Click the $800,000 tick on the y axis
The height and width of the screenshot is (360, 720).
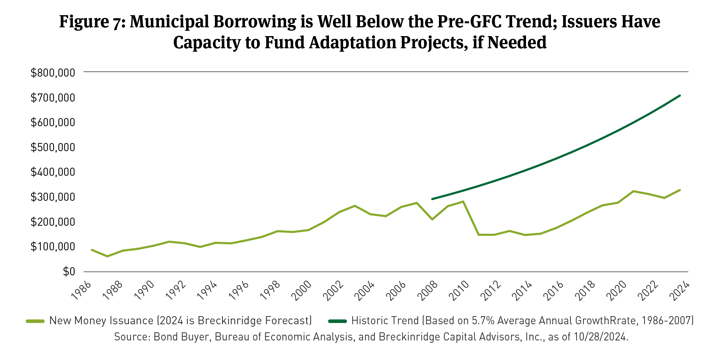tap(53, 73)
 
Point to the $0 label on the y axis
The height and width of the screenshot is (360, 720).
tap(69, 272)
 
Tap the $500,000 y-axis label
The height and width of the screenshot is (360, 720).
tap(53, 147)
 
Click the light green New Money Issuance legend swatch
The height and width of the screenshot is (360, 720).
tap(35, 321)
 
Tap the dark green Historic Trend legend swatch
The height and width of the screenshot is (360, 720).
tap(337, 321)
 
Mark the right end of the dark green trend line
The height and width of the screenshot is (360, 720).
tap(680, 96)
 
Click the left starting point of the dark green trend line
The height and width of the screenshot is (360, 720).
tap(432, 199)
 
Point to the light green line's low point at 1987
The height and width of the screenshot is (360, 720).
tap(107, 256)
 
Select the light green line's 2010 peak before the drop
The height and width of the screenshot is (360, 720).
tap(463, 201)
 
